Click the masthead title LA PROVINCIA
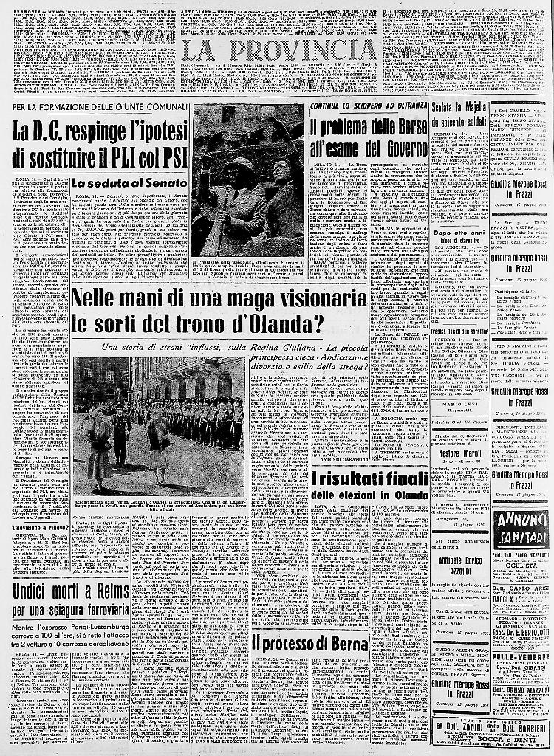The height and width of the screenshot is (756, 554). (278, 52)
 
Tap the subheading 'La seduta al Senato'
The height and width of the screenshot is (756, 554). (122, 182)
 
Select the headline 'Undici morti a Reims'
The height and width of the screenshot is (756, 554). (71, 591)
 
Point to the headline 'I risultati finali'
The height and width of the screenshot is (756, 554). (369, 478)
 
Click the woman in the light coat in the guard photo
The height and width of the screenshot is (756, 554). (99, 450)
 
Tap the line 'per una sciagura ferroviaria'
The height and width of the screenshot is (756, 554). (71, 611)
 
